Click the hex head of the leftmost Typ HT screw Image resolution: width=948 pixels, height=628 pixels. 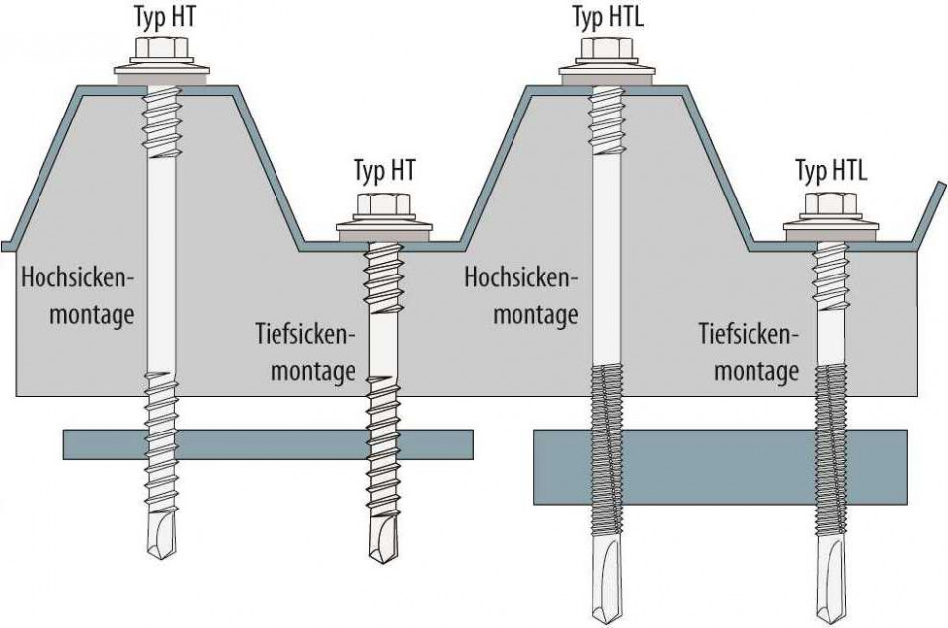[162, 46]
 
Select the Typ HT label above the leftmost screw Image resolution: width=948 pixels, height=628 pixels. [165, 16]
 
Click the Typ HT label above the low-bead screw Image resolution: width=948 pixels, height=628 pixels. [384, 170]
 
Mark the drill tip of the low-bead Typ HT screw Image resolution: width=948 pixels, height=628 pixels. [384, 539]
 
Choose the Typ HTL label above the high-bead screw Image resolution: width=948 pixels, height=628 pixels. [607, 17]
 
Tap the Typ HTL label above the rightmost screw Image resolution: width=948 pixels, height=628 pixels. [831, 170]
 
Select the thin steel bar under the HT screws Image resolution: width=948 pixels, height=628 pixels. [269, 444]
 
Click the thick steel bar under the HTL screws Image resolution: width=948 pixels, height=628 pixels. [721, 467]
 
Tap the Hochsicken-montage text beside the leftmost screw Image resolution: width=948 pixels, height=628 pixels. [79, 296]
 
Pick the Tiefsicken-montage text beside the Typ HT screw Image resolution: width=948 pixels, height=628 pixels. [305, 353]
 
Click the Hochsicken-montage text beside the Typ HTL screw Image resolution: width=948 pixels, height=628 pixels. [521, 296]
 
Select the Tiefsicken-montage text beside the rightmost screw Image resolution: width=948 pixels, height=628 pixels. [750, 353]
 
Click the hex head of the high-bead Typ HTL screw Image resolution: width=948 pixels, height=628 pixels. [607, 46]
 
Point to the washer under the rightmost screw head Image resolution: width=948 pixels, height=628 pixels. [831, 230]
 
